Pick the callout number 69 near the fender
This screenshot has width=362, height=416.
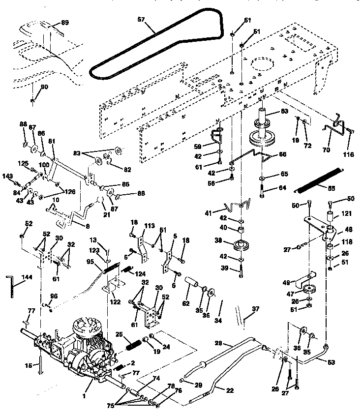coord(65,23)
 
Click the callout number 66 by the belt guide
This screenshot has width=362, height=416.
coord(282,154)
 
